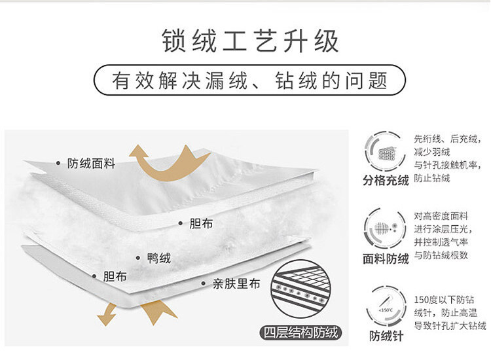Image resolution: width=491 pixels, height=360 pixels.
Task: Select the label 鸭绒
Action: (159, 258)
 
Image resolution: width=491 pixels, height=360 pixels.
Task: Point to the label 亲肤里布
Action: (236, 284)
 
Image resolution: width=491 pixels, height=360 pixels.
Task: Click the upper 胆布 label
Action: (201, 223)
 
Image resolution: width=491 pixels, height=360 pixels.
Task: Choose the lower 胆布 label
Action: (115, 276)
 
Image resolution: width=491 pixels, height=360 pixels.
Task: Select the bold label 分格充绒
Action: (386, 180)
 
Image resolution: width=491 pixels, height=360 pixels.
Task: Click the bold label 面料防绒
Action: (386, 259)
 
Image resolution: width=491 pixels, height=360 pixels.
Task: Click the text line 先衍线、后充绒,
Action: (448, 139)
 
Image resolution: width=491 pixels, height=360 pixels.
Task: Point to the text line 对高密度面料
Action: (440, 215)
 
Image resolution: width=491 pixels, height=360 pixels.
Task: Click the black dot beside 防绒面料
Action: (59, 163)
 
